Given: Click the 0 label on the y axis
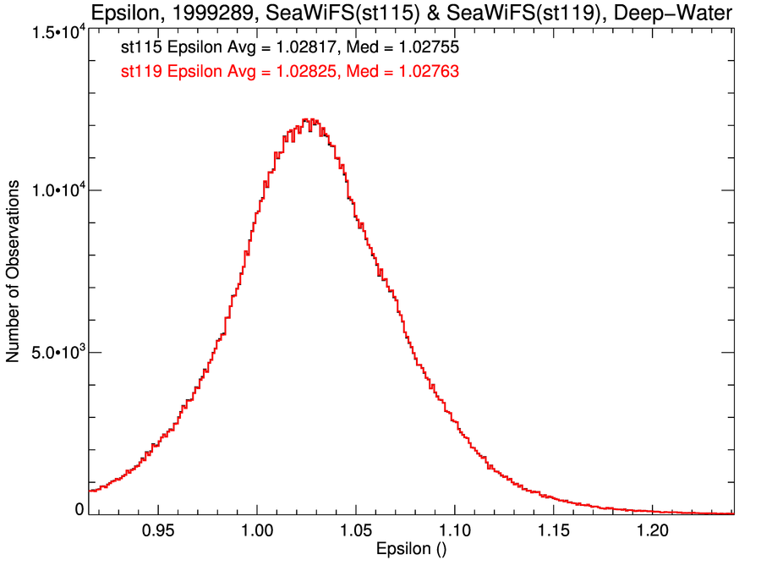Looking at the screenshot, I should click(79, 509).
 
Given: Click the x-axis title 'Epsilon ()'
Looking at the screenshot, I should click(411, 549).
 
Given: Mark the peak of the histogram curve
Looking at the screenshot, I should click(310, 120).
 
